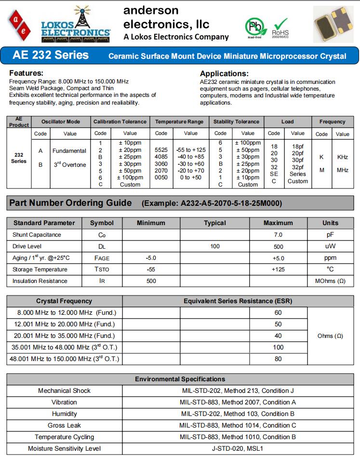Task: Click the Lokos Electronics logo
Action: tap(75, 24)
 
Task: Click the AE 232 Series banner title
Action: tap(51, 55)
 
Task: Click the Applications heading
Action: tap(224, 74)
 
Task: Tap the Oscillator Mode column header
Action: tap(61, 122)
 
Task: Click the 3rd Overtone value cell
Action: tap(69, 165)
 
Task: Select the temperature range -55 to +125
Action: tap(191, 150)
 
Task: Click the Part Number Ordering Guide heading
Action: tap(70, 203)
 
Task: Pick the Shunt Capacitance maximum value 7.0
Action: tap(278, 235)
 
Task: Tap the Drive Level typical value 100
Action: tap(215, 246)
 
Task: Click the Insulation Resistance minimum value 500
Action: tap(151, 281)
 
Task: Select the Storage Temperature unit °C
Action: tap(330, 269)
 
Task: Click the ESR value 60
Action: tap(278, 313)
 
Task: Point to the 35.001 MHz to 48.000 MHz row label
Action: tap(64, 348)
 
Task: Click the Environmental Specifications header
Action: tap(180, 379)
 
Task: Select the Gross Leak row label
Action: tap(64, 426)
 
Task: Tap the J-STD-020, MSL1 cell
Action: tap(238, 449)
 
